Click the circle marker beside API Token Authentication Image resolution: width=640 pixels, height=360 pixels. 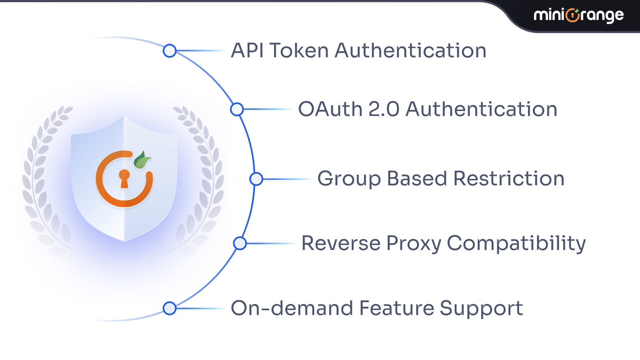pos(170,51)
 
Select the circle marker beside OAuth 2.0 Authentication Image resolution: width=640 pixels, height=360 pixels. pos(237,109)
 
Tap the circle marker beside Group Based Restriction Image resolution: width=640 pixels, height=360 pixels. pos(256,179)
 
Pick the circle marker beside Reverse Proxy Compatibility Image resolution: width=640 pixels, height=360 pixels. pos(240,243)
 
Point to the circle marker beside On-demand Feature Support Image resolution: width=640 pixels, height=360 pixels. pos(170,308)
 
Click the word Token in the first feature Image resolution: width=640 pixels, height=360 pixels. pos(299,51)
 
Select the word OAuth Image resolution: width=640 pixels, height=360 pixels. pos(330,109)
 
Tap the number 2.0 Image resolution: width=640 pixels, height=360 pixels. pos(384,109)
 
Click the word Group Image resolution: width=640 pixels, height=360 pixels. pos(349,179)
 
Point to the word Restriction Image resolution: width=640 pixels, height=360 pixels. pos(509,178)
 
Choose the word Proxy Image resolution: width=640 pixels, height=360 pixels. pos(414,244)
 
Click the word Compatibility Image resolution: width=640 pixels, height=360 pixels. pos(516,244)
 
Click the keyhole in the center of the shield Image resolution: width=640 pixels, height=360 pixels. pos(124,178)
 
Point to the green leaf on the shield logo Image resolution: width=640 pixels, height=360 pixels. pos(142,160)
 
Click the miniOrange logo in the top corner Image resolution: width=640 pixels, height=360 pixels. pos(578,15)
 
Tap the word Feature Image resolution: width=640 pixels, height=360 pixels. pos(396,308)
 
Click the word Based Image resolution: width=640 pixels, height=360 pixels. pos(417,178)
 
